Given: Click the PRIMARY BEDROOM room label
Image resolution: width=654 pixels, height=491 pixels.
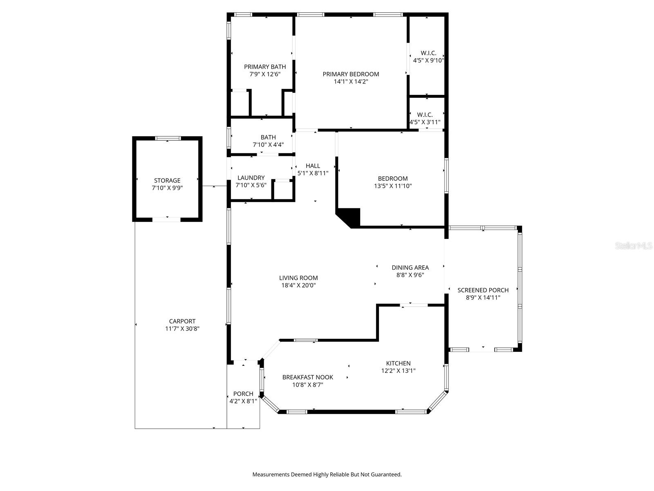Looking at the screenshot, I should pos(351,74).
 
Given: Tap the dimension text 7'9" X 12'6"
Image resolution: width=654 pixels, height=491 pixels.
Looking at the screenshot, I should pos(265,74).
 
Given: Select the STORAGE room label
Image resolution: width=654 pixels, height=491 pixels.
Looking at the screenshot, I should pos(167,180).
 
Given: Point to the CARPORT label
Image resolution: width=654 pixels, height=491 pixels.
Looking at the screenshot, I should pos(182,321).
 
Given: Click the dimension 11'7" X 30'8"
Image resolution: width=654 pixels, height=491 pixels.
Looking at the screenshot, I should pos(182,329).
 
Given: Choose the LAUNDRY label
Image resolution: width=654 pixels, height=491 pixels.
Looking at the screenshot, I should pos(251,178).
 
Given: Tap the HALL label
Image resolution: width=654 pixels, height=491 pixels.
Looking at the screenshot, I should pos(313,166).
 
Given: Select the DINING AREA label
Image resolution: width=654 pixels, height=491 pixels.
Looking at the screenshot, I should pos(410,268).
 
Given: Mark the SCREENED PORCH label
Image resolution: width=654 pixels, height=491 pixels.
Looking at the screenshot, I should pos(483,290).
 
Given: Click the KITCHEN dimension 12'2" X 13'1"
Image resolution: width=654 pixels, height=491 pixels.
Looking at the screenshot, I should pos(398,371).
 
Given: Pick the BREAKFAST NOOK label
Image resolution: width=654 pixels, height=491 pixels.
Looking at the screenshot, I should pos(307,377).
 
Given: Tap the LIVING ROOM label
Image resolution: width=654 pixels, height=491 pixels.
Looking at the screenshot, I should pos(298,278).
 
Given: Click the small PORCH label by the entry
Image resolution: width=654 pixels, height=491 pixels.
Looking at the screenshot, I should pos(243,394).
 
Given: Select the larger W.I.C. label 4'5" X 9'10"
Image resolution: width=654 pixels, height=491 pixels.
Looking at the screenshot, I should pos(428,53).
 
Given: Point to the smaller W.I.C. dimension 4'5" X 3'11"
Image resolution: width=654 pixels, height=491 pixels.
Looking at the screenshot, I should pos(425,122).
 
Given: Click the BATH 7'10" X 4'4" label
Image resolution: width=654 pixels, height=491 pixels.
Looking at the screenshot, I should pos(268,137).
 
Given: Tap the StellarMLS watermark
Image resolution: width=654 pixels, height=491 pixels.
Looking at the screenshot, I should pos(634,246).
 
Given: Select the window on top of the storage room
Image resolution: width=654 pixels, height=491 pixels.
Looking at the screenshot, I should pos(168,138).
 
